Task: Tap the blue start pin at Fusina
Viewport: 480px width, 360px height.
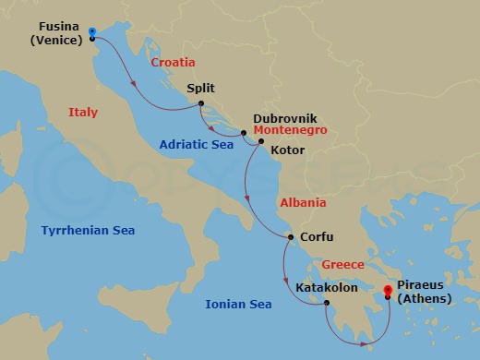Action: click(92, 33)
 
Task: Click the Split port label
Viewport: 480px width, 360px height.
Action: click(200, 90)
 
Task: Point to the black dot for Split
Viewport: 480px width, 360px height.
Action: click(200, 105)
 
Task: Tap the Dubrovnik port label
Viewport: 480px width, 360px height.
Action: click(285, 119)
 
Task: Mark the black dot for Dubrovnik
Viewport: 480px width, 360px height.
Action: click(244, 134)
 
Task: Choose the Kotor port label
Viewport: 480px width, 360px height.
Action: click(288, 149)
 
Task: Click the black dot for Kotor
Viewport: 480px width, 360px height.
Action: click(261, 141)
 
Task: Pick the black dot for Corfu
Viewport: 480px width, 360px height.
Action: click(291, 237)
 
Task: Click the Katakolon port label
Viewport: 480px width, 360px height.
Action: click(330, 287)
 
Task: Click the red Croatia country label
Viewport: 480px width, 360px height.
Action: click(174, 62)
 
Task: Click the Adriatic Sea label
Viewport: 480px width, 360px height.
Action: click(196, 144)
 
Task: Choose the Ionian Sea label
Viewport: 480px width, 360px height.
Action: click(237, 303)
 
